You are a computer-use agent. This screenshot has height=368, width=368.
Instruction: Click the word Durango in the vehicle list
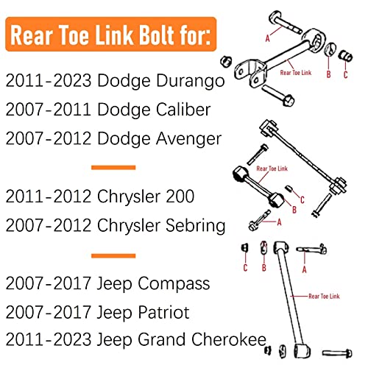[x=191, y=82]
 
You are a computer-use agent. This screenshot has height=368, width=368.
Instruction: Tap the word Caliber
[x=183, y=110]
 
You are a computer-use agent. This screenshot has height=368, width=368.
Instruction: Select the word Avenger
[x=189, y=139]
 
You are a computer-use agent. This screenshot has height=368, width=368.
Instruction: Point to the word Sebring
[x=195, y=226]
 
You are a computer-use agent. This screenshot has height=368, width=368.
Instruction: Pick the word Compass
[x=174, y=284]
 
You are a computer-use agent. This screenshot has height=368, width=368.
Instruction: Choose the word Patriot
[x=163, y=313]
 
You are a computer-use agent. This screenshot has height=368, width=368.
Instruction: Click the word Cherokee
[x=229, y=340]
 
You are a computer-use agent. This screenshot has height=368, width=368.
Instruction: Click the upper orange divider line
[x=113, y=168]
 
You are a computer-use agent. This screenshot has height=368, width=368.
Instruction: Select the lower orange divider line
[x=113, y=256]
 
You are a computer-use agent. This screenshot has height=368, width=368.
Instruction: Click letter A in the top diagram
[x=268, y=38]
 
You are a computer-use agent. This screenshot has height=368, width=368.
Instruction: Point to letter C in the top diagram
[x=345, y=74]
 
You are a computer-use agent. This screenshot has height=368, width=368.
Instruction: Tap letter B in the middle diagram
[x=294, y=210]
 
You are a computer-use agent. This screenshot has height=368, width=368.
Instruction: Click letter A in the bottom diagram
[x=305, y=269]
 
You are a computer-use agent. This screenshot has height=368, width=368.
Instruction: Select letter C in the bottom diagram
[x=245, y=267]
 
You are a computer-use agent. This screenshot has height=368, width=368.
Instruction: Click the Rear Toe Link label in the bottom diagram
[x=324, y=297]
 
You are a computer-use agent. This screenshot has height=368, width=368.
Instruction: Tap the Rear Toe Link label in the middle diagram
[x=272, y=169]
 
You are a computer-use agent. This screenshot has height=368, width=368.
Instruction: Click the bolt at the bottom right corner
[x=337, y=353]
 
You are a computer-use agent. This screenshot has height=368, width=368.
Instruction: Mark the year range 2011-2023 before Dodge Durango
[x=49, y=80]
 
